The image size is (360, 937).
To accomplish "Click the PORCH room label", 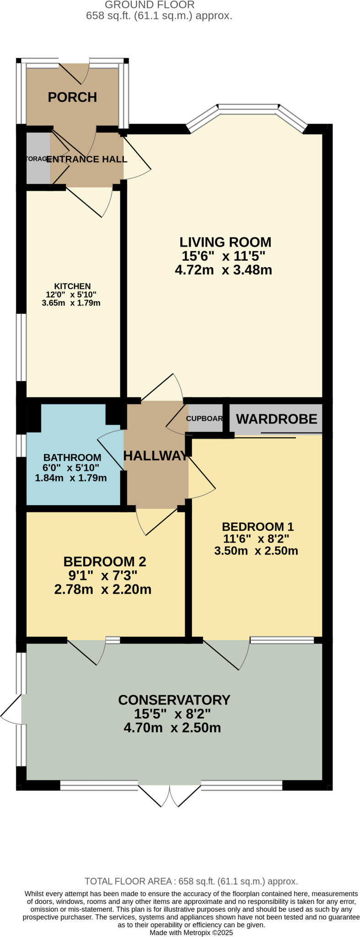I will tap(72, 97).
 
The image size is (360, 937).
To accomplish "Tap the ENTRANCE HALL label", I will tap(87, 159).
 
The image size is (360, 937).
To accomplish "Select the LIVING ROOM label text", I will tap(225, 242).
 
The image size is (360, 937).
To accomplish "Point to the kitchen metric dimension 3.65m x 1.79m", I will tap(71, 303).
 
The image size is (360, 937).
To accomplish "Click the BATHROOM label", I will tap(72, 458).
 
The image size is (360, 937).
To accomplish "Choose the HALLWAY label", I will tap(156, 456).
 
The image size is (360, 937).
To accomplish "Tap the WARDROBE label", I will tap(276, 419).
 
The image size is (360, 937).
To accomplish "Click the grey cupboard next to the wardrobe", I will tap(205, 418).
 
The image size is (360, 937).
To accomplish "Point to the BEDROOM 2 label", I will tap(105, 561).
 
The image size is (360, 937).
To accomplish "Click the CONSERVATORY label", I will tap(174, 700).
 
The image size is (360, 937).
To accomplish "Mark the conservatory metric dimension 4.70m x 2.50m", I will tap(172, 727).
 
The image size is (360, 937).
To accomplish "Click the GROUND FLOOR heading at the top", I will tap(150, 5).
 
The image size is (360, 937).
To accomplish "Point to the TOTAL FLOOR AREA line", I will tap(191, 881).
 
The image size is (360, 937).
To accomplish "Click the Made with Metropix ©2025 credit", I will tap(191, 932).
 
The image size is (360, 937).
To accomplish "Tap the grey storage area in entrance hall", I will tap(38, 159).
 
